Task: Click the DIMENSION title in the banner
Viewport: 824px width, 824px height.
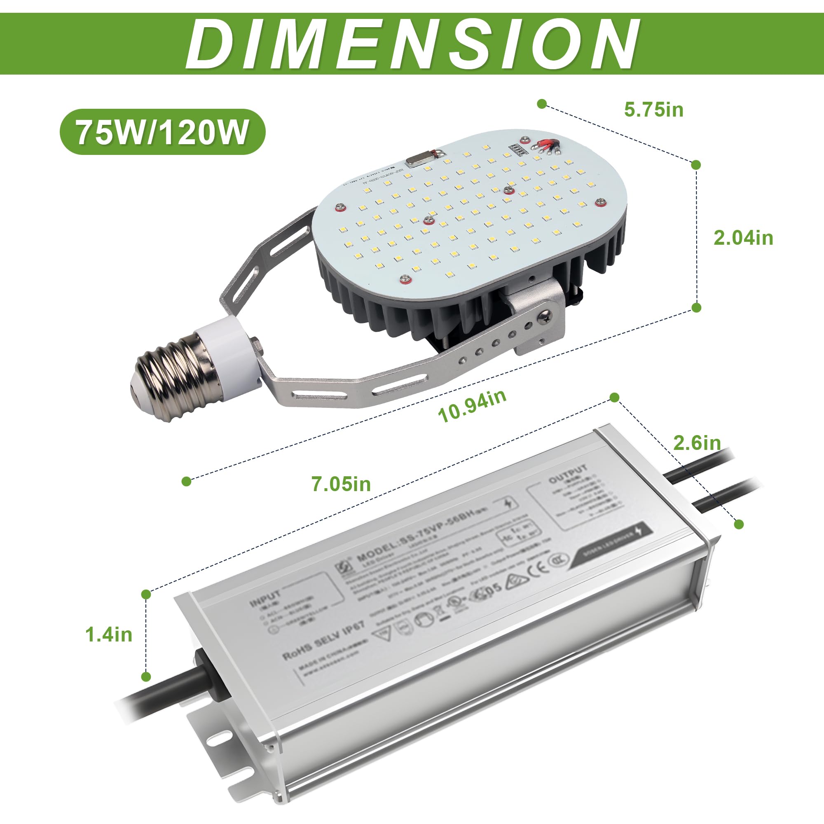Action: click(412, 44)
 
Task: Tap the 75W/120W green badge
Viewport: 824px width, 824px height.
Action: click(162, 132)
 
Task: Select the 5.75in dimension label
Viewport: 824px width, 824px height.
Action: click(653, 110)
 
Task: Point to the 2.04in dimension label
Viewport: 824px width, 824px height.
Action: click(743, 238)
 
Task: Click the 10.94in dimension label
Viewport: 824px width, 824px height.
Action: click(472, 405)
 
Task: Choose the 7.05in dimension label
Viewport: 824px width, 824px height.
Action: click(341, 484)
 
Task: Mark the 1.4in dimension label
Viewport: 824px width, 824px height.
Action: click(109, 634)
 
